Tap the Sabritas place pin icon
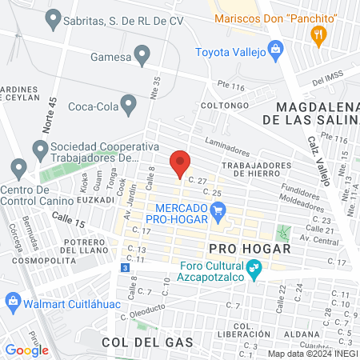point(54,17)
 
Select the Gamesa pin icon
point(143,54)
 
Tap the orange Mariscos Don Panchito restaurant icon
point(318,34)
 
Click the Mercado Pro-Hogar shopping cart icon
point(218,212)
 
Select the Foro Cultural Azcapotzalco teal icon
point(254,272)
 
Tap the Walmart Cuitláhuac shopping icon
point(12,300)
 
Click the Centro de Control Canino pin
point(18,169)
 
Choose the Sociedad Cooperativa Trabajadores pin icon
point(39,149)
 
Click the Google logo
point(26,350)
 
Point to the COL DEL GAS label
point(148,342)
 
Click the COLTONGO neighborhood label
point(221,105)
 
